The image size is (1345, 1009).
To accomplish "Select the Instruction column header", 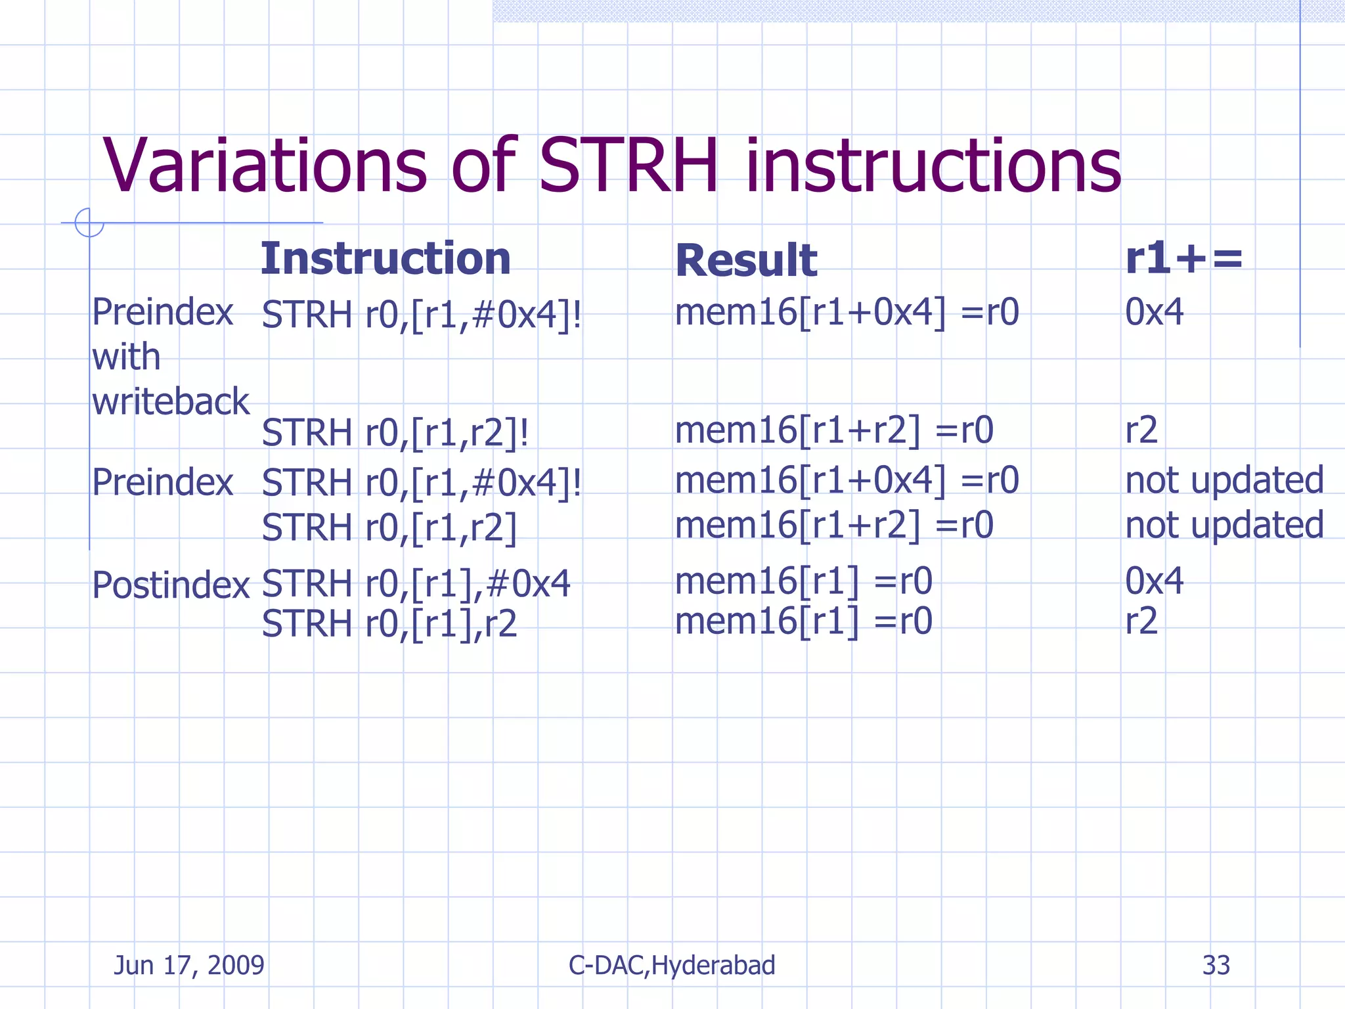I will pyautogui.click(x=386, y=259).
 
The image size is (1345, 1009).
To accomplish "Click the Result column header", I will pyautogui.click(x=746, y=261).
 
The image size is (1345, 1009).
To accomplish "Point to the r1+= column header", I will pyautogui.click(x=1183, y=258).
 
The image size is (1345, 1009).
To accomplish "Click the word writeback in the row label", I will pyautogui.click(x=171, y=401).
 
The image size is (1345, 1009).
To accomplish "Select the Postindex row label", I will pyautogui.click(x=171, y=584).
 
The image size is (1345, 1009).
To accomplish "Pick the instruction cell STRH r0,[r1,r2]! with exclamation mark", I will pyautogui.click(x=395, y=433).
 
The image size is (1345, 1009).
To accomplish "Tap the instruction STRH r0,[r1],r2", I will pyautogui.click(x=389, y=623).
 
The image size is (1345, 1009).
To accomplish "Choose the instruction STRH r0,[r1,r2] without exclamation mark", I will pyautogui.click(x=389, y=527).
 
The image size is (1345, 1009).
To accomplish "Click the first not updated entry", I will pyautogui.click(x=1224, y=480).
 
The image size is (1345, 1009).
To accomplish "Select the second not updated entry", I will pyautogui.click(x=1224, y=526).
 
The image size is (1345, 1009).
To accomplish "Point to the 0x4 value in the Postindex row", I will pyautogui.click(x=1154, y=581).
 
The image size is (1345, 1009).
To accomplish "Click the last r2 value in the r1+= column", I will pyautogui.click(x=1141, y=621).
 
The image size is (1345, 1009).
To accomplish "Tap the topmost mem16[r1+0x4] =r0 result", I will pyautogui.click(x=847, y=312).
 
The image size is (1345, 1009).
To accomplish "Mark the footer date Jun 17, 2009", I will pyautogui.click(x=189, y=965).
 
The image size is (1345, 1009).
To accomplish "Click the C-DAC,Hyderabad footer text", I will pyautogui.click(x=671, y=965).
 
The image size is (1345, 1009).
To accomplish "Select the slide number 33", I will pyautogui.click(x=1216, y=965).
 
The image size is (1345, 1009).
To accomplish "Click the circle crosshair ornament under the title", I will pyautogui.click(x=89, y=223).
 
